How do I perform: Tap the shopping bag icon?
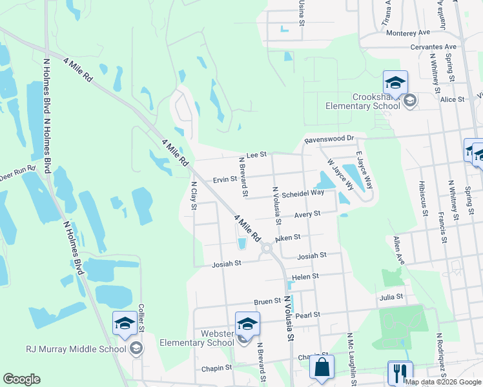click(x=321, y=369)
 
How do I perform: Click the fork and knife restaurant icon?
click(x=400, y=373)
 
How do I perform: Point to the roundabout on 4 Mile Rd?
click(x=266, y=248)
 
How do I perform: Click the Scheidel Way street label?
click(x=303, y=193)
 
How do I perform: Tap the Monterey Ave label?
click(x=408, y=32)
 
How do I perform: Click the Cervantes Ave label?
click(x=433, y=47)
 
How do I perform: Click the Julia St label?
click(x=391, y=297)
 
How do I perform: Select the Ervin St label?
click(x=225, y=179)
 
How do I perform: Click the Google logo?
click(x=21, y=379)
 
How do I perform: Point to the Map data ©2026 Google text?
click(x=443, y=382)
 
